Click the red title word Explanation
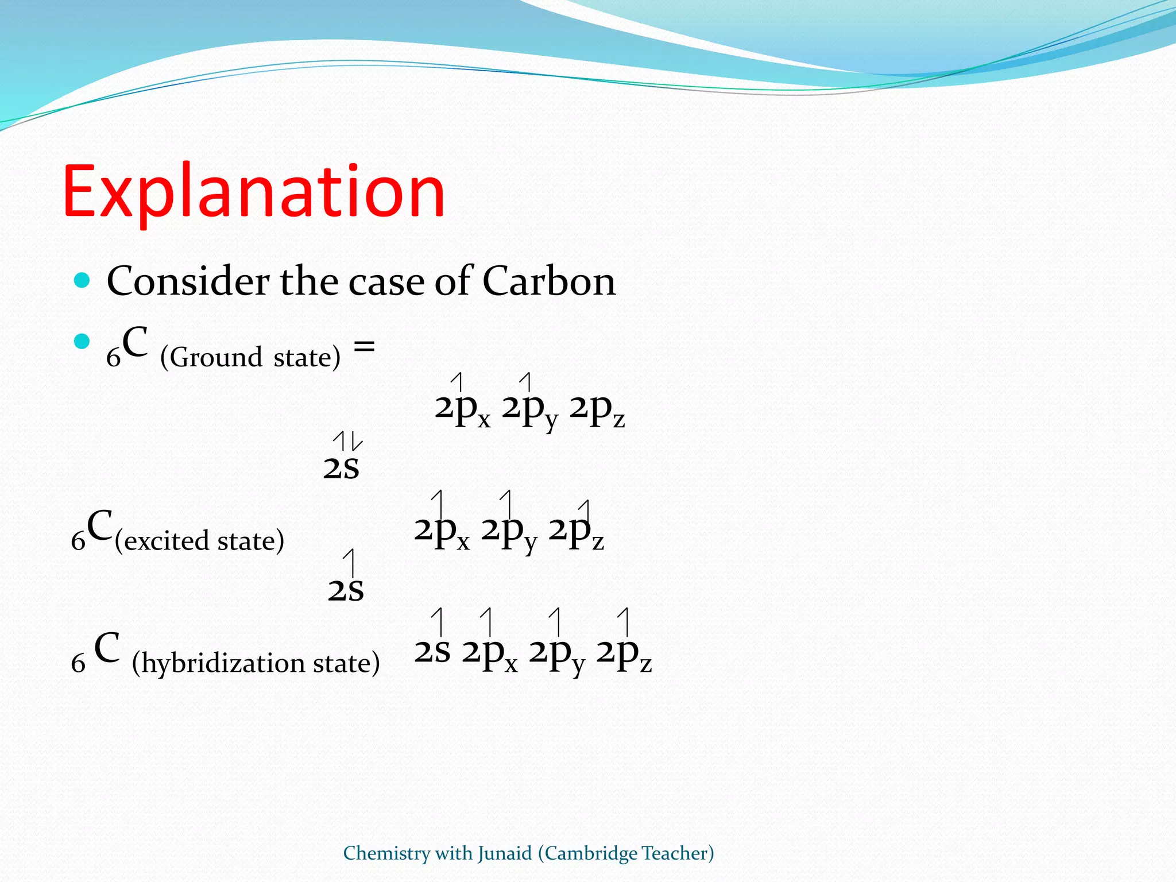coord(253,192)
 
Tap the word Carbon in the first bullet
coord(548,281)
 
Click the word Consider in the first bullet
coord(188,281)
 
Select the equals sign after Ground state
coord(364,346)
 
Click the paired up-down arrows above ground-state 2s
coord(347,441)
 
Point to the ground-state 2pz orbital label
coord(597,410)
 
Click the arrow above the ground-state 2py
coord(526,382)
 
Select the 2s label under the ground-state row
coord(341,467)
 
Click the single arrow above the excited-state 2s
coord(350,563)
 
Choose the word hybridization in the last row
coord(223,664)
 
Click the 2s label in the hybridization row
coord(432,652)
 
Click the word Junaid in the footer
coord(505,853)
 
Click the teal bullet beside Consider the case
coord(83,280)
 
